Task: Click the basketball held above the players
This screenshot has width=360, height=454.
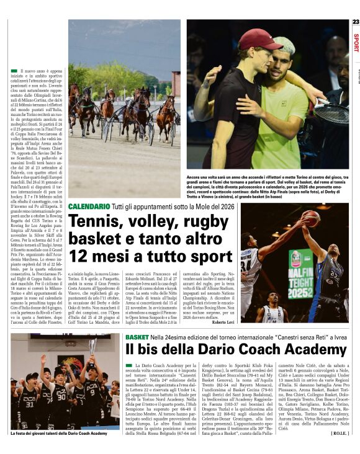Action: (x=311, y=217)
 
